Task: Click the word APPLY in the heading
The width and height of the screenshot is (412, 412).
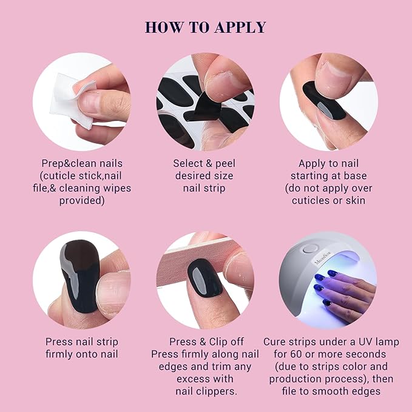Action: [x=240, y=27]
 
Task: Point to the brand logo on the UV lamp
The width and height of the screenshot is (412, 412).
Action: [x=323, y=259]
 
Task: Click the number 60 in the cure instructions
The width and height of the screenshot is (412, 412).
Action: [x=296, y=354]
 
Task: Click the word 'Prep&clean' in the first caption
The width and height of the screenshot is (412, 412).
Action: [x=69, y=164]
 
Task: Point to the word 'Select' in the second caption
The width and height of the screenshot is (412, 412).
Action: [x=188, y=163]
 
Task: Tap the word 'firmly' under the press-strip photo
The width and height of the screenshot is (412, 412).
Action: [x=59, y=354]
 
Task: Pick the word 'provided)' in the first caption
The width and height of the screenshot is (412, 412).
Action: [x=82, y=201]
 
